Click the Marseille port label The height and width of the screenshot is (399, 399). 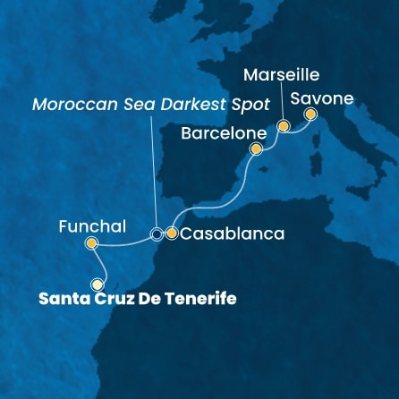coord(283,75)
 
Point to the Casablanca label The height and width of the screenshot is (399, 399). coord(232,234)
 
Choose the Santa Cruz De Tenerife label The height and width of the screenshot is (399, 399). coord(138,299)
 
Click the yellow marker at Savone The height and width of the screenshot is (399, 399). coord(310,115)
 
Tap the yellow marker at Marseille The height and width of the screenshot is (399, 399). coord(283,127)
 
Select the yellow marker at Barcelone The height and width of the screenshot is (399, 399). coord(255,149)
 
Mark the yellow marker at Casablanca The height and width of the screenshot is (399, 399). coord(172,234)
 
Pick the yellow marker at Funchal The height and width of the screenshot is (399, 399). coord(90,243)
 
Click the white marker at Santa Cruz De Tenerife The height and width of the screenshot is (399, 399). coord(97,284)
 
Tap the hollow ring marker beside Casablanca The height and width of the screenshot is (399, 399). coord(157,234)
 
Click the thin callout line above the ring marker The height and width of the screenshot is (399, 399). coord(154,170)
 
